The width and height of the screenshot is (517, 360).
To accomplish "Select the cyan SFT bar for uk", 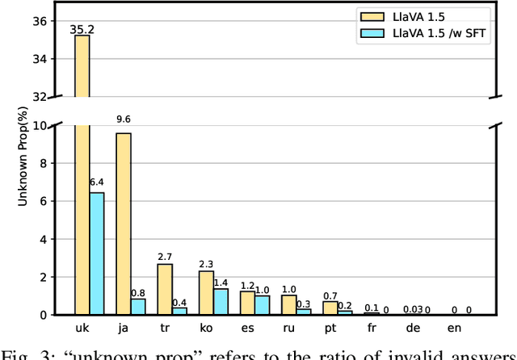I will [x=96, y=253].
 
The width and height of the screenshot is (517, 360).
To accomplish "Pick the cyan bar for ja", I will [x=137, y=306].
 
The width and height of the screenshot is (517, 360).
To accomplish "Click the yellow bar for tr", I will [x=165, y=289].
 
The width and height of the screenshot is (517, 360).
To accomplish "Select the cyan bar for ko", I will [x=221, y=301].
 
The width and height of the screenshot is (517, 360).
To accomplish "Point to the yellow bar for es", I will [x=247, y=303].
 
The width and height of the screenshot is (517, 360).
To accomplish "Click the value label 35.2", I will [x=82, y=28].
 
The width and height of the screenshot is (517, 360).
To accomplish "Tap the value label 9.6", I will [x=123, y=119].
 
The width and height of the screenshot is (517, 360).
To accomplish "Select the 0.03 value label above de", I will [x=413, y=308].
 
